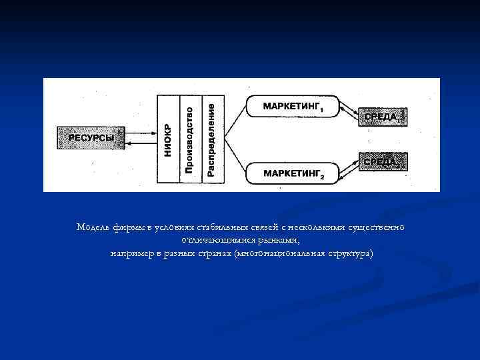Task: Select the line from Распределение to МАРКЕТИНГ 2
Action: point(235,157)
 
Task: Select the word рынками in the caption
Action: point(281,239)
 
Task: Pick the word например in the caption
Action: point(129,253)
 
